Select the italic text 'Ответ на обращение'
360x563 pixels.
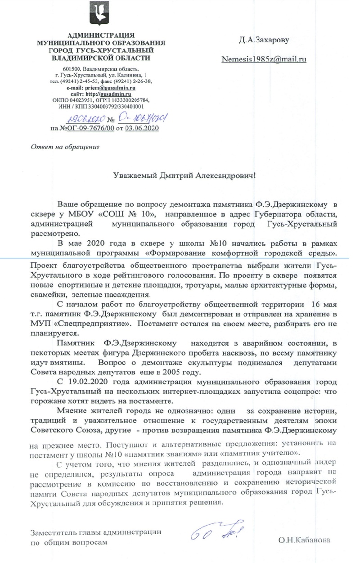coord(64,146)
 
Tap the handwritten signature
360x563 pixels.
coord(214,530)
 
